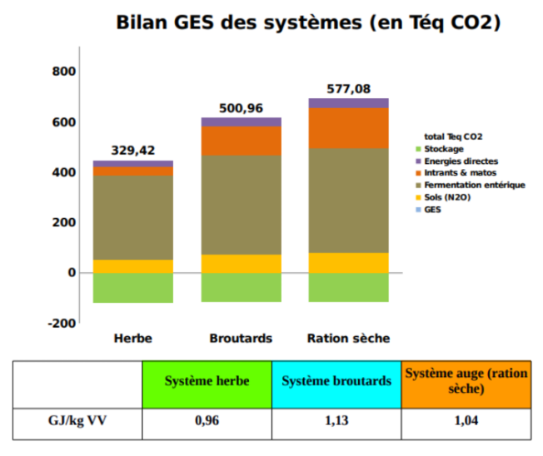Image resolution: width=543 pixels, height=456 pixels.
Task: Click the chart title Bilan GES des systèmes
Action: pos(307,22)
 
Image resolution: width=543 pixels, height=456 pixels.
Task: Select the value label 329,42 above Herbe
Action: pos(133,151)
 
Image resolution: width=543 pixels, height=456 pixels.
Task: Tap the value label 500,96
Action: pos(241,108)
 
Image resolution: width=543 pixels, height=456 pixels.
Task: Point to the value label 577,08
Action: pos(349,89)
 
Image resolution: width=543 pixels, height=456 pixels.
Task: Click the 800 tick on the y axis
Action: pos(64,72)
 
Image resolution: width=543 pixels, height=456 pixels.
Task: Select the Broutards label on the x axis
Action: pos(241,339)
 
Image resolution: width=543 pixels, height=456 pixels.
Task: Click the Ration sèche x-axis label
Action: pos(348,339)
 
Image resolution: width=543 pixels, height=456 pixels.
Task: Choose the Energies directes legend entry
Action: pos(461,161)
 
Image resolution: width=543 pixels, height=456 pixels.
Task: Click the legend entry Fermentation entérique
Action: pos(474,185)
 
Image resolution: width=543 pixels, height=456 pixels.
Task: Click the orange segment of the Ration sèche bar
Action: pos(348,127)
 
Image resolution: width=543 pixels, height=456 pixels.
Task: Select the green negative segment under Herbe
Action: pos(133,287)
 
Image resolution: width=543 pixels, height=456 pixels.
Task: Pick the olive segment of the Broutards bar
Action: pos(241,205)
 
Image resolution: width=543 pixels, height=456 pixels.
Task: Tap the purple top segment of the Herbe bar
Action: pos(133,164)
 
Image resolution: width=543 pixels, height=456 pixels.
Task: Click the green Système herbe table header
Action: pos(207,382)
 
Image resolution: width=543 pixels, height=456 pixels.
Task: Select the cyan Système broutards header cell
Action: pos(336,382)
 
